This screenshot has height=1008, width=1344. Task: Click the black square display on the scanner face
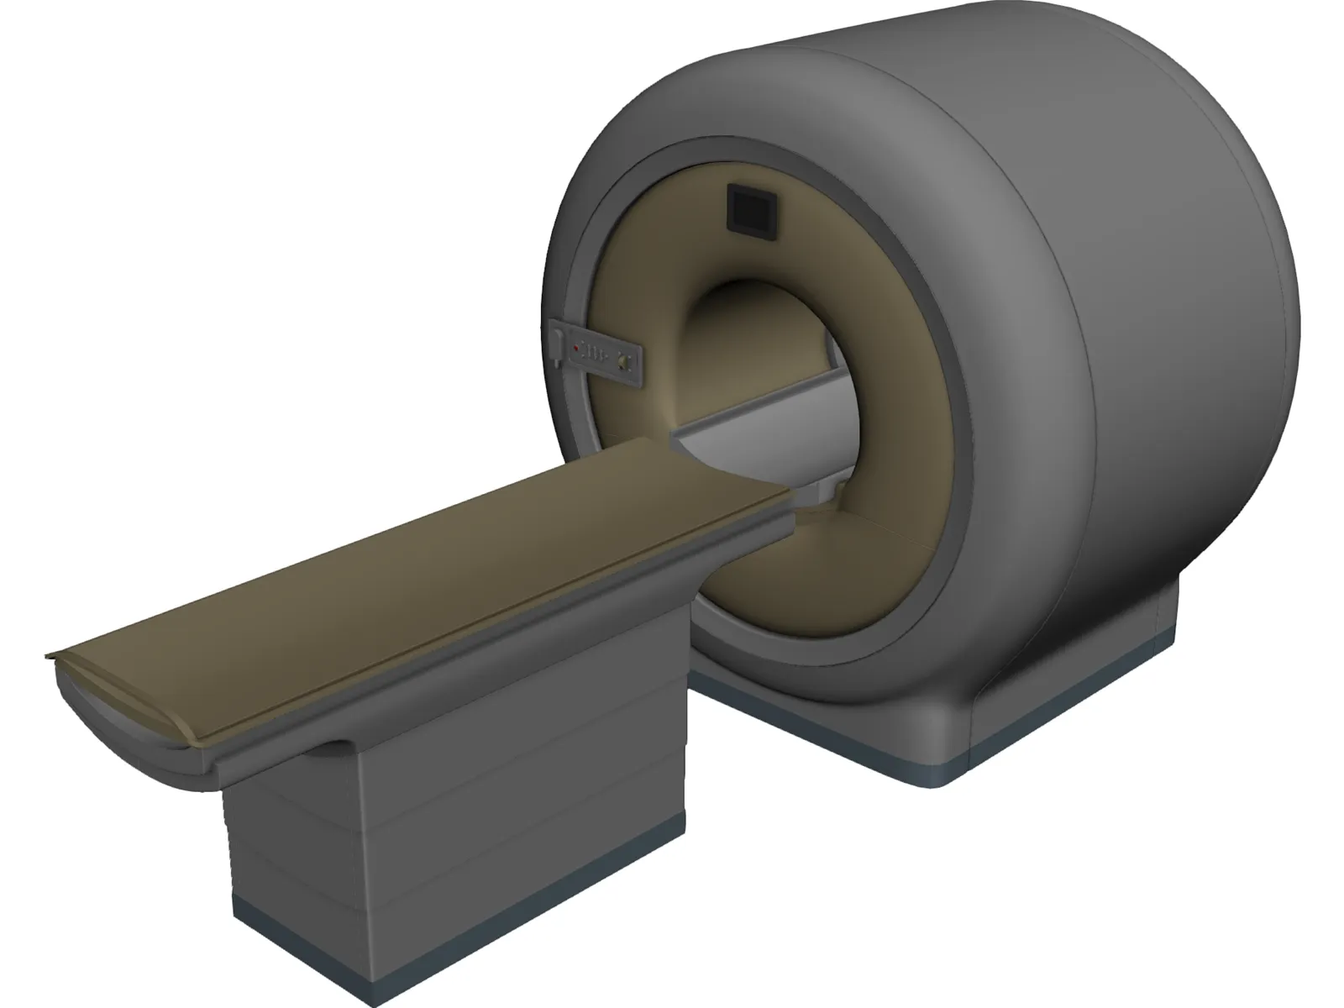748,209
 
